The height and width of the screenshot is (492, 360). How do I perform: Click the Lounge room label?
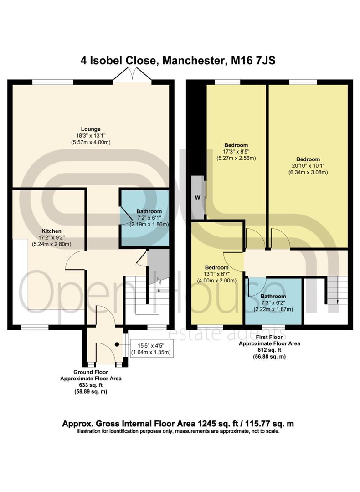[91, 129]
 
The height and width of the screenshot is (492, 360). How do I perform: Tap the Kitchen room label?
[51, 231]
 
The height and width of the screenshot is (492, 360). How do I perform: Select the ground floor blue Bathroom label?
[149, 211]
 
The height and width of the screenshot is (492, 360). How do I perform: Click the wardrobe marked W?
[198, 198]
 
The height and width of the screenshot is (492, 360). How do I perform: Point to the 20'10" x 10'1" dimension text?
[308, 166]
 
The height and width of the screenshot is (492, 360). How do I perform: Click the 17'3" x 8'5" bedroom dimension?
[236, 152]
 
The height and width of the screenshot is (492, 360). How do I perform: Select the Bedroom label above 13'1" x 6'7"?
[216, 268]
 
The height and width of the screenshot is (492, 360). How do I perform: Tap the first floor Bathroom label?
[273, 297]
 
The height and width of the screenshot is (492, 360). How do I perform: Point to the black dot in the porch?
[117, 344]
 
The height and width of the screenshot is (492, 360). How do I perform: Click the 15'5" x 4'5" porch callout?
[151, 348]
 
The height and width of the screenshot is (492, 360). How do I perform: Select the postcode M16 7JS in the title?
[253, 60]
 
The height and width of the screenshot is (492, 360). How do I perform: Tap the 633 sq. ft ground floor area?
[91, 385]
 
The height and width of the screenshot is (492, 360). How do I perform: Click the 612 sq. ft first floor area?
[269, 350]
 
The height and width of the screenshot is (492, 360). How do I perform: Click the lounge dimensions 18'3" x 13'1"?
[91, 136]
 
